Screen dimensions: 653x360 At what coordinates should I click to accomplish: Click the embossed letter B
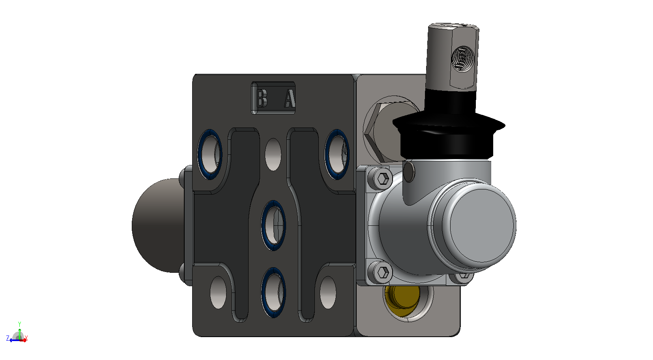click(x=261, y=98)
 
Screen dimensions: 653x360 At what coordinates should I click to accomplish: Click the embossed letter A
click(x=290, y=98)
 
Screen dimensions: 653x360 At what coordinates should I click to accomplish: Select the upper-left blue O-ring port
click(x=210, y=154)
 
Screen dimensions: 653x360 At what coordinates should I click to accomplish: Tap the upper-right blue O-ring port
click(x=337, y=154)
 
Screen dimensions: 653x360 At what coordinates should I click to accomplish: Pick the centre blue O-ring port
click(x=273, y=225)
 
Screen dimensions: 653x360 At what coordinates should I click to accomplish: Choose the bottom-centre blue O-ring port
click(x=273, y=292)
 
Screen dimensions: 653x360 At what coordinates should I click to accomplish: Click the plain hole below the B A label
click(x=273, y=154)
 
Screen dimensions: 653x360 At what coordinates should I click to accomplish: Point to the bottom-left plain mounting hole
click(x=218, y=292)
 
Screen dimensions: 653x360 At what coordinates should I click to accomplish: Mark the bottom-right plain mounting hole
click(x=328, y=292)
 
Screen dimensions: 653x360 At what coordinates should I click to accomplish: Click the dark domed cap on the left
click(x=157, y=225)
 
